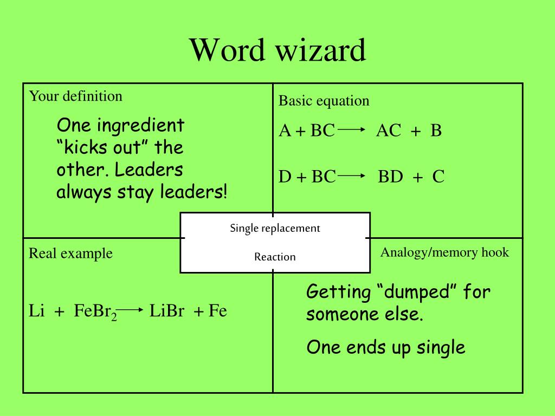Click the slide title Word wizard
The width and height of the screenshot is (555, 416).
(x=277, y=50)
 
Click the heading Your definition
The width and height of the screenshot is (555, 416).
(x=75, y=96)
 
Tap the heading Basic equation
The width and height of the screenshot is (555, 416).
(x=324, y=101)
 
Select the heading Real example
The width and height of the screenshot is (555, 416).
(x=70, y=253)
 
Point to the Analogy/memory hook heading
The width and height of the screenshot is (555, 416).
(x=444, y=252)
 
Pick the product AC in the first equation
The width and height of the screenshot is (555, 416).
(x=389, y=131)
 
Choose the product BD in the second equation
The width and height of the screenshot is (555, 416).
(x=390, y=177)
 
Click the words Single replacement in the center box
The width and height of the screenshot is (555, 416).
(x=275, y=228)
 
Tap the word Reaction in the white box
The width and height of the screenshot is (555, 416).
(x=275, y=257)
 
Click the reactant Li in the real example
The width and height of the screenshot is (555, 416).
(x=36, y=311)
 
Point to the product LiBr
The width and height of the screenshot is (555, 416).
(x=167, y=311)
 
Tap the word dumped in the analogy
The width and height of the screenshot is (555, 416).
(x=417, y=292)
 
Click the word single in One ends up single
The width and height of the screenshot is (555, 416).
(x=441, y=348)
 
